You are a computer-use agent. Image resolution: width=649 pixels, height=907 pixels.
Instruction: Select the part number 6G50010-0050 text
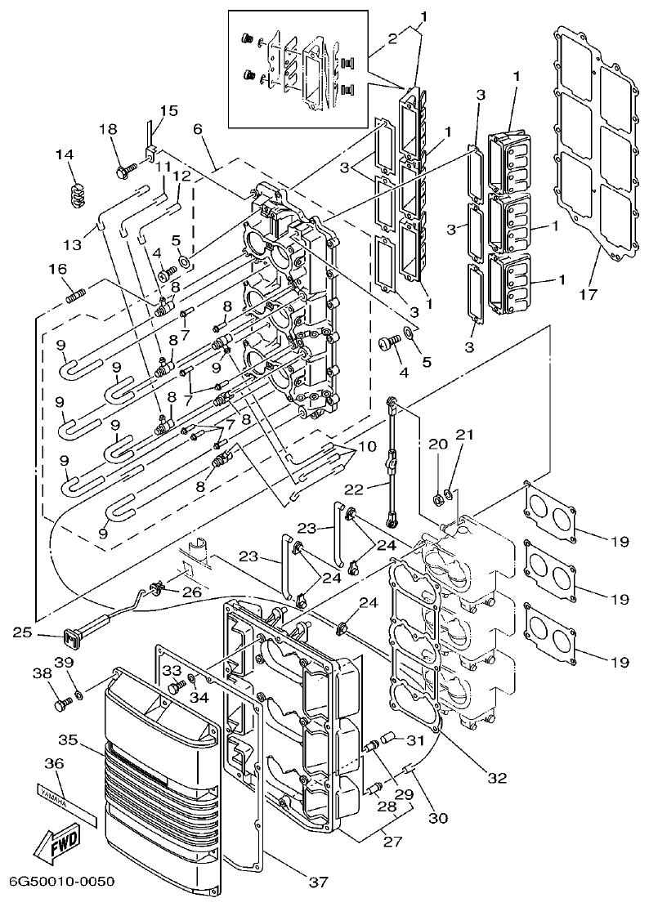tap(61, 882)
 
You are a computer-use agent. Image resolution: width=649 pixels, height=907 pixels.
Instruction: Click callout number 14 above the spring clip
tap(64, 154)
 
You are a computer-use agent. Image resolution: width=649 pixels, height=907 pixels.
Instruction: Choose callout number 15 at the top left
tap(168, 110)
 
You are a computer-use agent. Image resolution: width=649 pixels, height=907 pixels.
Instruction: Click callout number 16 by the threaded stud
tap(56, 269)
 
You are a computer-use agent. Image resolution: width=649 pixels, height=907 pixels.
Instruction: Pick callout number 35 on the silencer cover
tap(68, 739)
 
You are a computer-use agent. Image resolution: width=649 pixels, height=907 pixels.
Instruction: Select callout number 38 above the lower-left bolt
tap(42, 674)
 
